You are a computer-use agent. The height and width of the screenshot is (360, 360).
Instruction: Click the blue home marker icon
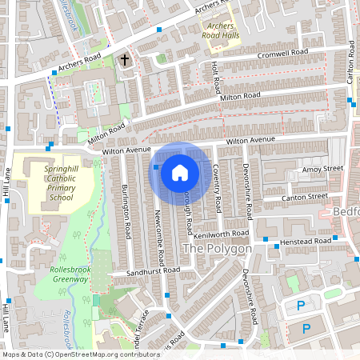click(x=180, y=172)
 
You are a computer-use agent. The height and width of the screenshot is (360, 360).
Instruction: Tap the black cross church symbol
click(x=125, y=59)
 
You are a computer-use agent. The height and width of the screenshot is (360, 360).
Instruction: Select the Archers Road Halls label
click(x=222, y=30)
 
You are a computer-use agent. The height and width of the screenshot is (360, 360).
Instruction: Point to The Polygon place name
click(x=218, y=249)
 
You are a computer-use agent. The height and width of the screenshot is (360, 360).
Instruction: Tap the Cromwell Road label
click(x=282, y=54)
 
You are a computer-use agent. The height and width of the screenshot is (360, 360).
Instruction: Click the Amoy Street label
click(x=322, y=169)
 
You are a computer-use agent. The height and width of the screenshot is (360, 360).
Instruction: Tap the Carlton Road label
click(x=350, y=67)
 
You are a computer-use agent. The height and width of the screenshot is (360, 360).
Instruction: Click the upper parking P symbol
click(x=301, y=306)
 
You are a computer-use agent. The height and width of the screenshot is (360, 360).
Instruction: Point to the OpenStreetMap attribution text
click(x=70, y=354)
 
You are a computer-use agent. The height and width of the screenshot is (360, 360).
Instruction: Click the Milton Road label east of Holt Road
click(x=241, y=97)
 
